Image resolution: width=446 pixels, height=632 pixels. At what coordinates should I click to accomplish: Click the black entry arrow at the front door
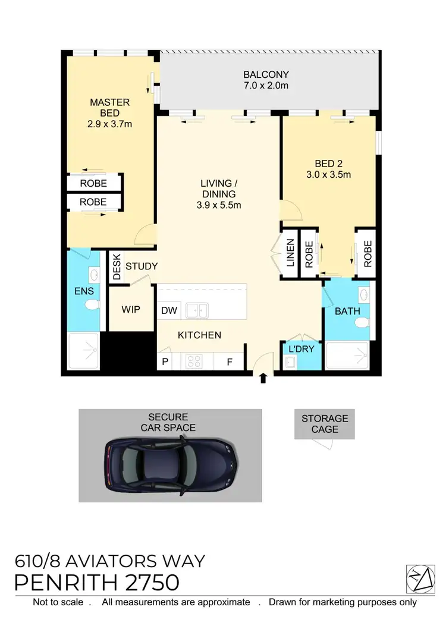263,378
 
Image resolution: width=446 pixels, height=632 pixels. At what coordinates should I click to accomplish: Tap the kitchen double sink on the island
196,310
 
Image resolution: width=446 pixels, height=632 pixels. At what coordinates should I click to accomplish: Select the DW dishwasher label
169,310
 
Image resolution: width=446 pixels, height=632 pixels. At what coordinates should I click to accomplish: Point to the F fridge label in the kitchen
229,361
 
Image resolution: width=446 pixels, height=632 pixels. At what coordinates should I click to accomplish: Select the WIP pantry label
131,310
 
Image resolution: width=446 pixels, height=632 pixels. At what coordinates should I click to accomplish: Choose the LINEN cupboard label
290,253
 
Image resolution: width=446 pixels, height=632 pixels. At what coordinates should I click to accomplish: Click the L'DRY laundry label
300,349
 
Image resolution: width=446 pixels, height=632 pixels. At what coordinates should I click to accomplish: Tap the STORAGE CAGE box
325,424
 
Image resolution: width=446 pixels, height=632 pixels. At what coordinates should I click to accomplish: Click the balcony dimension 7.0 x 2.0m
266,86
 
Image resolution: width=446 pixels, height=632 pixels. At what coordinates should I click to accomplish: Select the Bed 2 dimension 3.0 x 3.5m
329,175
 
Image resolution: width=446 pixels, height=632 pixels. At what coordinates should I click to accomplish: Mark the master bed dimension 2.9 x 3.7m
109,124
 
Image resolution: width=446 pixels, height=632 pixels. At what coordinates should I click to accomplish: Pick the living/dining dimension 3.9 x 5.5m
218,205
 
